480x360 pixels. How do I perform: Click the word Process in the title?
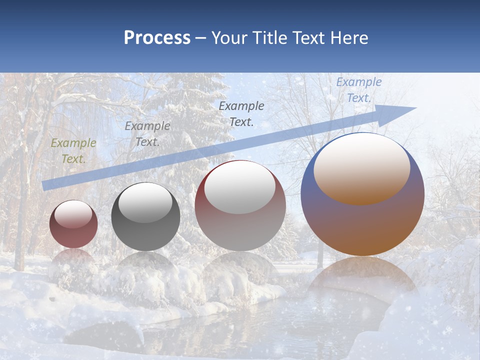[x=157, y=38]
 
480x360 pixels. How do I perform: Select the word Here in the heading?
[x=349, y=38]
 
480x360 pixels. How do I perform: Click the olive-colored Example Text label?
[x=73, y=151]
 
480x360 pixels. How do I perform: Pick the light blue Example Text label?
[x=358, y=90]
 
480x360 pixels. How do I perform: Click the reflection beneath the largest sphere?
[x=362, y=280]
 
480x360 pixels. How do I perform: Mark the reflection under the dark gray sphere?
[x=145, y=267]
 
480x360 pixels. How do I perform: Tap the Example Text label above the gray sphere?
[x=147, y=134]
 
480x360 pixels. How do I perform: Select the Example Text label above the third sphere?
[x=241, y=114]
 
